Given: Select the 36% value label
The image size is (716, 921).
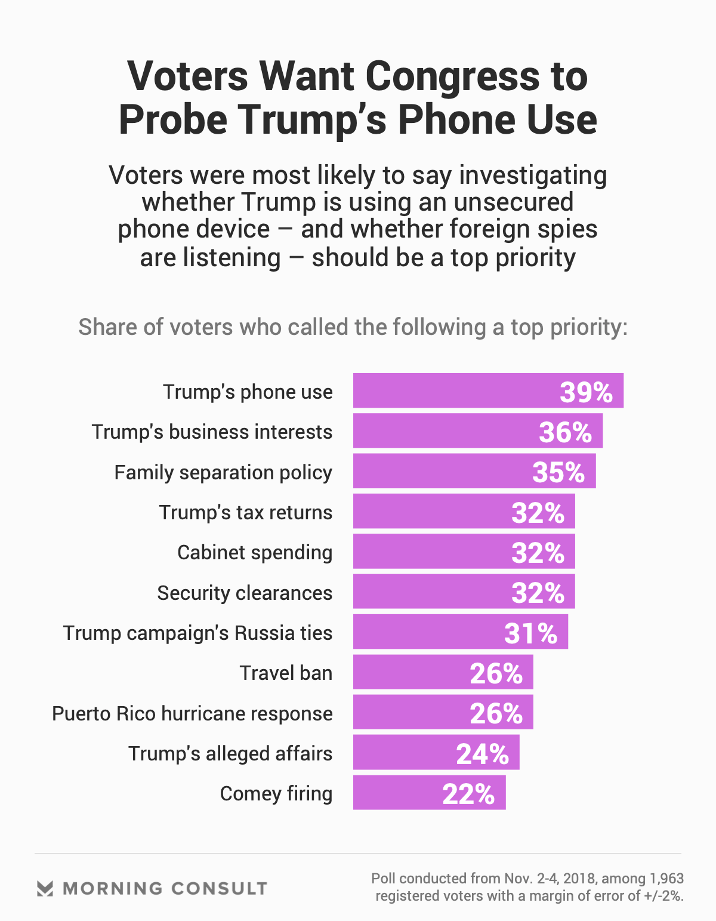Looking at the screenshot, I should pos(565,432).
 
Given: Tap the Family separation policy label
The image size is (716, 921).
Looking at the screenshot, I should pos(223,473).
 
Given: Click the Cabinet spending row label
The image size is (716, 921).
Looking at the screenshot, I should pos(255,553).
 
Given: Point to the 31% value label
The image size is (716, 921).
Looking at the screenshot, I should pos(530,633).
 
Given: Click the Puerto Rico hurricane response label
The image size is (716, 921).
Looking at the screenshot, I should pos(192,714).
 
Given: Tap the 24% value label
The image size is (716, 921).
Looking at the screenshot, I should pos(482,754).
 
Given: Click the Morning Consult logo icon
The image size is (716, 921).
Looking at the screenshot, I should pos(45,889).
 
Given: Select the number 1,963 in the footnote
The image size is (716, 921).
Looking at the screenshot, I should pos(666,879).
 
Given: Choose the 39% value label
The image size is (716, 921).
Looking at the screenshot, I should pos(586,392).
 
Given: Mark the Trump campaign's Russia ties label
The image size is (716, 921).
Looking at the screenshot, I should pos(197,633).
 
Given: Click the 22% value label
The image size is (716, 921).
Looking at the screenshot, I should pos(468,794).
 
